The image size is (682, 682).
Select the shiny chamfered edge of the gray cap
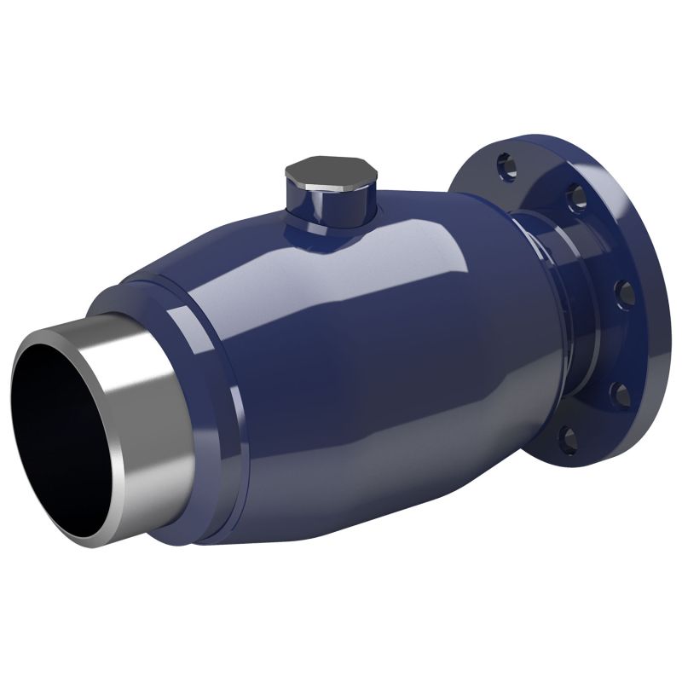pyautogui.click(x=350, y=183)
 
